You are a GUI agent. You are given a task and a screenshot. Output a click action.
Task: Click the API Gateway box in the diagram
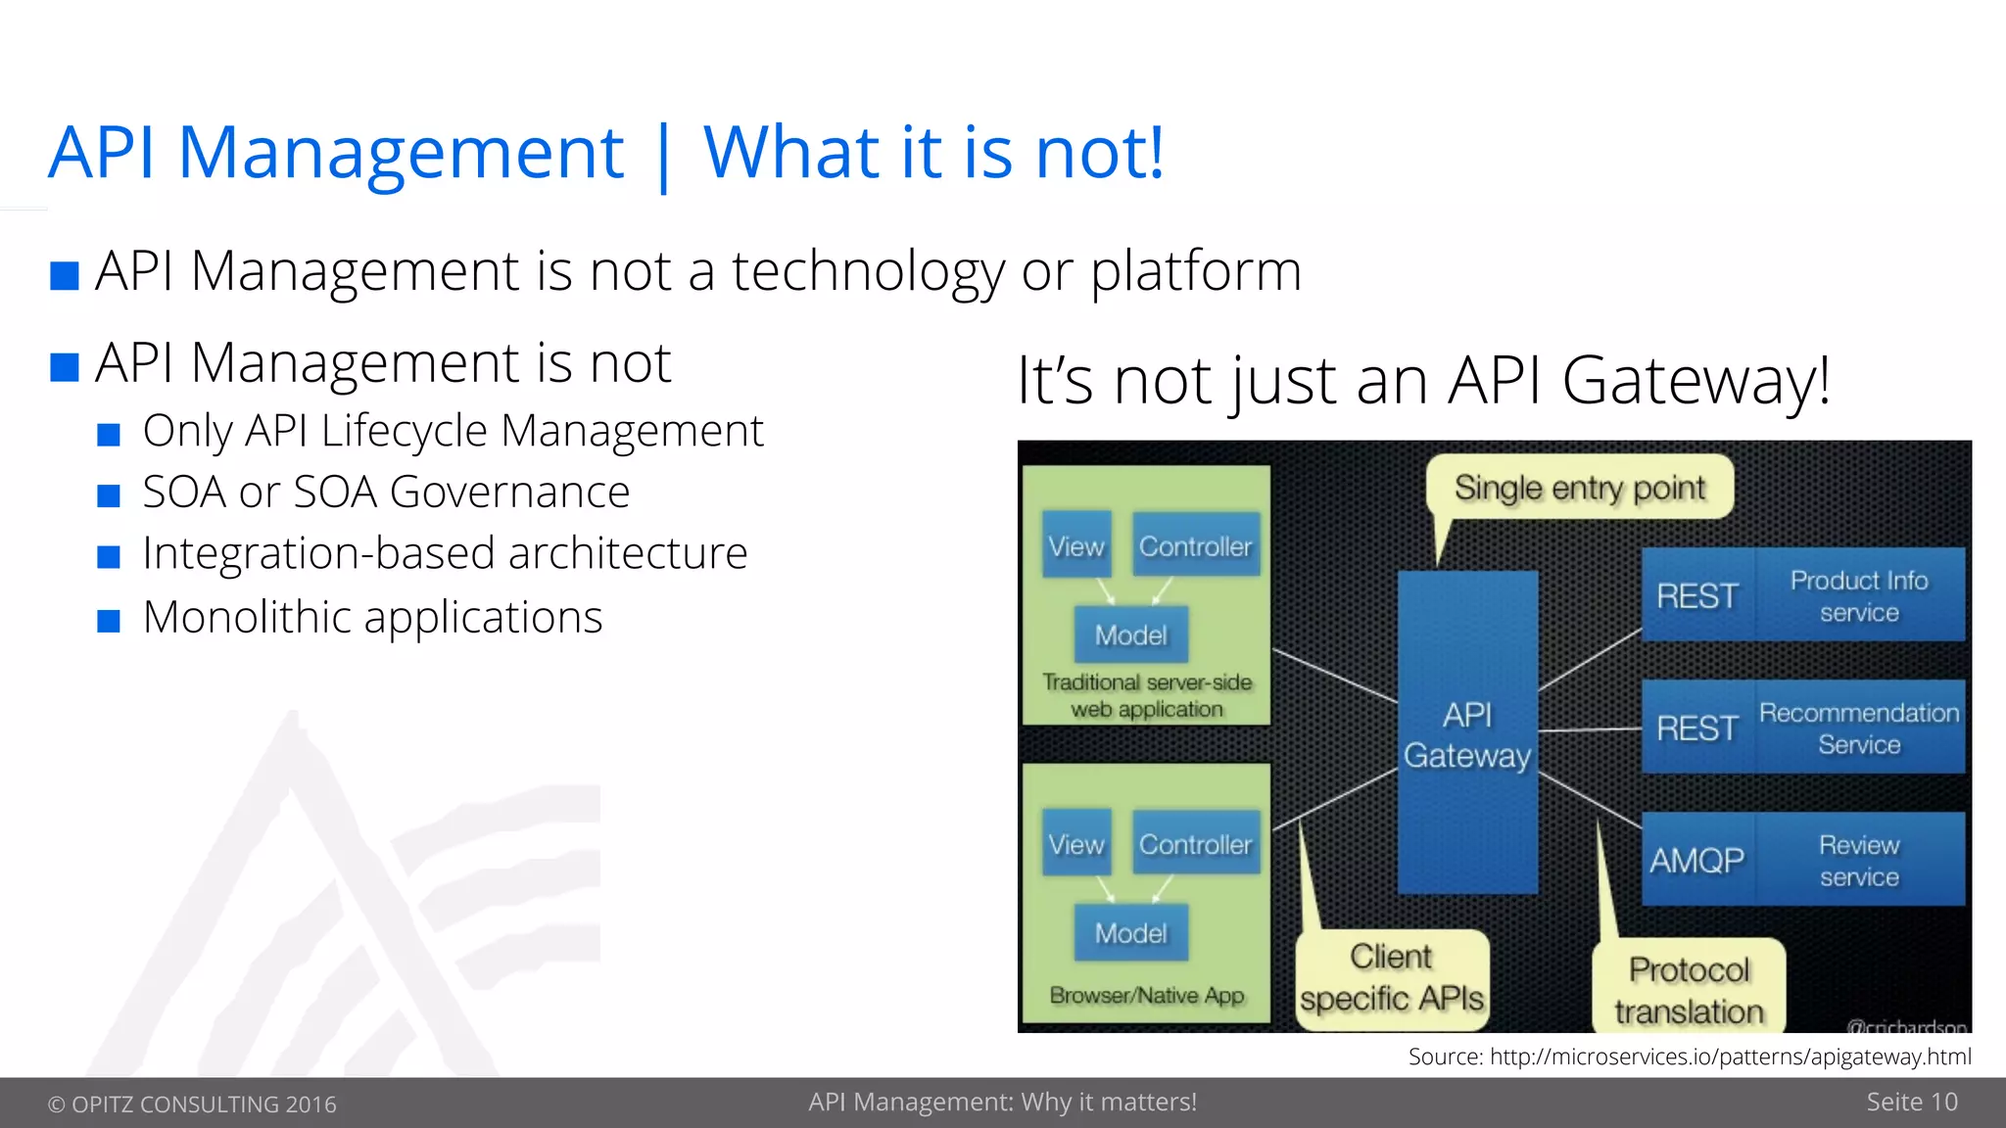1466,732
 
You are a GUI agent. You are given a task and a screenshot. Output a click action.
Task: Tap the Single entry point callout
1579,488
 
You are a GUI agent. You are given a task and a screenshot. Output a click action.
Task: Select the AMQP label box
1697,860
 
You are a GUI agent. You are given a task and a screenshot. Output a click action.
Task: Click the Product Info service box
1858,595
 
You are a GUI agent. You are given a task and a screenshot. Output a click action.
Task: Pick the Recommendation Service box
1858,728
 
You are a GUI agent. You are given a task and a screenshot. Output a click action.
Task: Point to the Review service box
1858,860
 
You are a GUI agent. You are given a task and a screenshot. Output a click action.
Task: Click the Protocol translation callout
1689,989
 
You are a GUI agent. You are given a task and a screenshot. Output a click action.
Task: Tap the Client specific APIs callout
1392,977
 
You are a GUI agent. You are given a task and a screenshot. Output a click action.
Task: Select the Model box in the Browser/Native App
1130,932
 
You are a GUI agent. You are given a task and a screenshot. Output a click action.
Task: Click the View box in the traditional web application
1075,545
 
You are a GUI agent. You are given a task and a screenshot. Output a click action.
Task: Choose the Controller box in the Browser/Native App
1195,843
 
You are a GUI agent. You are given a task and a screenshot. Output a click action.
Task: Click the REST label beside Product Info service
1697,595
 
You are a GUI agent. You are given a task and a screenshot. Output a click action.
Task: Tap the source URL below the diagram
1730,1057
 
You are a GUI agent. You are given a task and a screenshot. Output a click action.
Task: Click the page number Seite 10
1911,1102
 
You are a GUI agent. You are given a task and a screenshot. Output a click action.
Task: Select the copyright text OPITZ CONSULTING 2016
193,1104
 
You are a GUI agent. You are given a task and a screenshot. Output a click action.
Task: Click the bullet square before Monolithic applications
109,621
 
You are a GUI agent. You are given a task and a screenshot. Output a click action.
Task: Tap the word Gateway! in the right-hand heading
1696,381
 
